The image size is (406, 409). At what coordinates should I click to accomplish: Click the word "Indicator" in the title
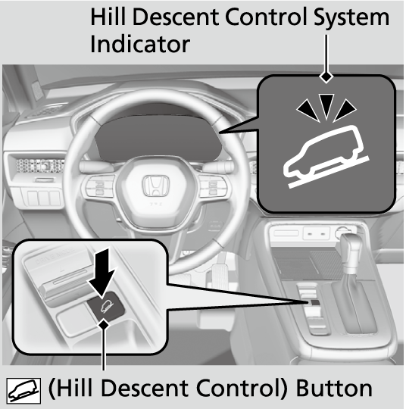[x=140, y=45]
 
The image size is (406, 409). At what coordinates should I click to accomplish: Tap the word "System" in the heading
[x=351, y=17]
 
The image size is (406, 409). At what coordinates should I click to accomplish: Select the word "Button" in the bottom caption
[x=334, y=388]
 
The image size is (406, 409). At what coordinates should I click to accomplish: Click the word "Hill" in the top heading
[x=108, y=17]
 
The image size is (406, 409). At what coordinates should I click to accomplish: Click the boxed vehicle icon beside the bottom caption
[x=23, y=391]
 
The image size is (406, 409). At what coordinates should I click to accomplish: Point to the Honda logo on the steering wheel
[x=156, y=186]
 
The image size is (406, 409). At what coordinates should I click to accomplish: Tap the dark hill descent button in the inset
[x=106, y=305]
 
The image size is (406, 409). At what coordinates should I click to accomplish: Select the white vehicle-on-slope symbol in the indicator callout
[x=326, y=157]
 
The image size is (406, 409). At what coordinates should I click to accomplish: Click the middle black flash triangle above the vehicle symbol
[x=326, y=105]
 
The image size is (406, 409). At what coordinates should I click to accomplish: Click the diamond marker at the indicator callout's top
[x=326, y=77]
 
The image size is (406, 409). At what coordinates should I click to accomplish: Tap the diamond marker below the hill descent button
[x=104, y=325]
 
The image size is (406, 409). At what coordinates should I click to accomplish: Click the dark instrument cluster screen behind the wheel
[x=158, y=136]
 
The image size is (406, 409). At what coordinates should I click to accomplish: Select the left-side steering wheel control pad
[x=98, y=186]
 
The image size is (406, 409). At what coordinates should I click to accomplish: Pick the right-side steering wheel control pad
[x=214, y=186]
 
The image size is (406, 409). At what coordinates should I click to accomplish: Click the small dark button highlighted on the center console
[x=315, y=302]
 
